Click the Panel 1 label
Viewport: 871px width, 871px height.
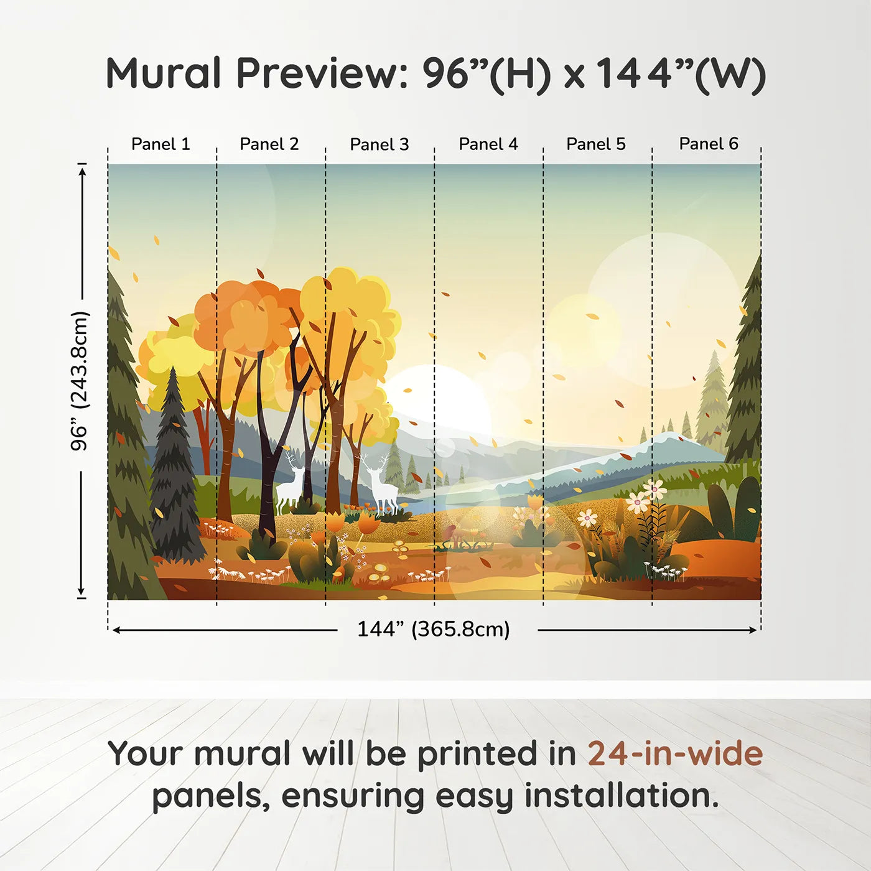pos(161,144)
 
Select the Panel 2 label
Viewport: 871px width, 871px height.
pos(269,144)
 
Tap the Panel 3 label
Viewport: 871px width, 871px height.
pos(380,145)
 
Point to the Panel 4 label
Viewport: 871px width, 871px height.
pos(488,144)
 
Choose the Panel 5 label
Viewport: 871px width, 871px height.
pos(596,144)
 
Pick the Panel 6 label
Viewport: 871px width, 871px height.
pos(709,144)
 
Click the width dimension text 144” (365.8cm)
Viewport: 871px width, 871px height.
pos(434,629)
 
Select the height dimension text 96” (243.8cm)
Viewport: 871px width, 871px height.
pos(80,381)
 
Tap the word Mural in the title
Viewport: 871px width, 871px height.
pos(164,73)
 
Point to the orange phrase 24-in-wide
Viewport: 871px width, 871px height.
pos(675,754)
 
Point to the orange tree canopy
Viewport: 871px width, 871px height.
pos(249,317)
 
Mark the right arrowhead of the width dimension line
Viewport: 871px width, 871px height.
pos(753,630)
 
